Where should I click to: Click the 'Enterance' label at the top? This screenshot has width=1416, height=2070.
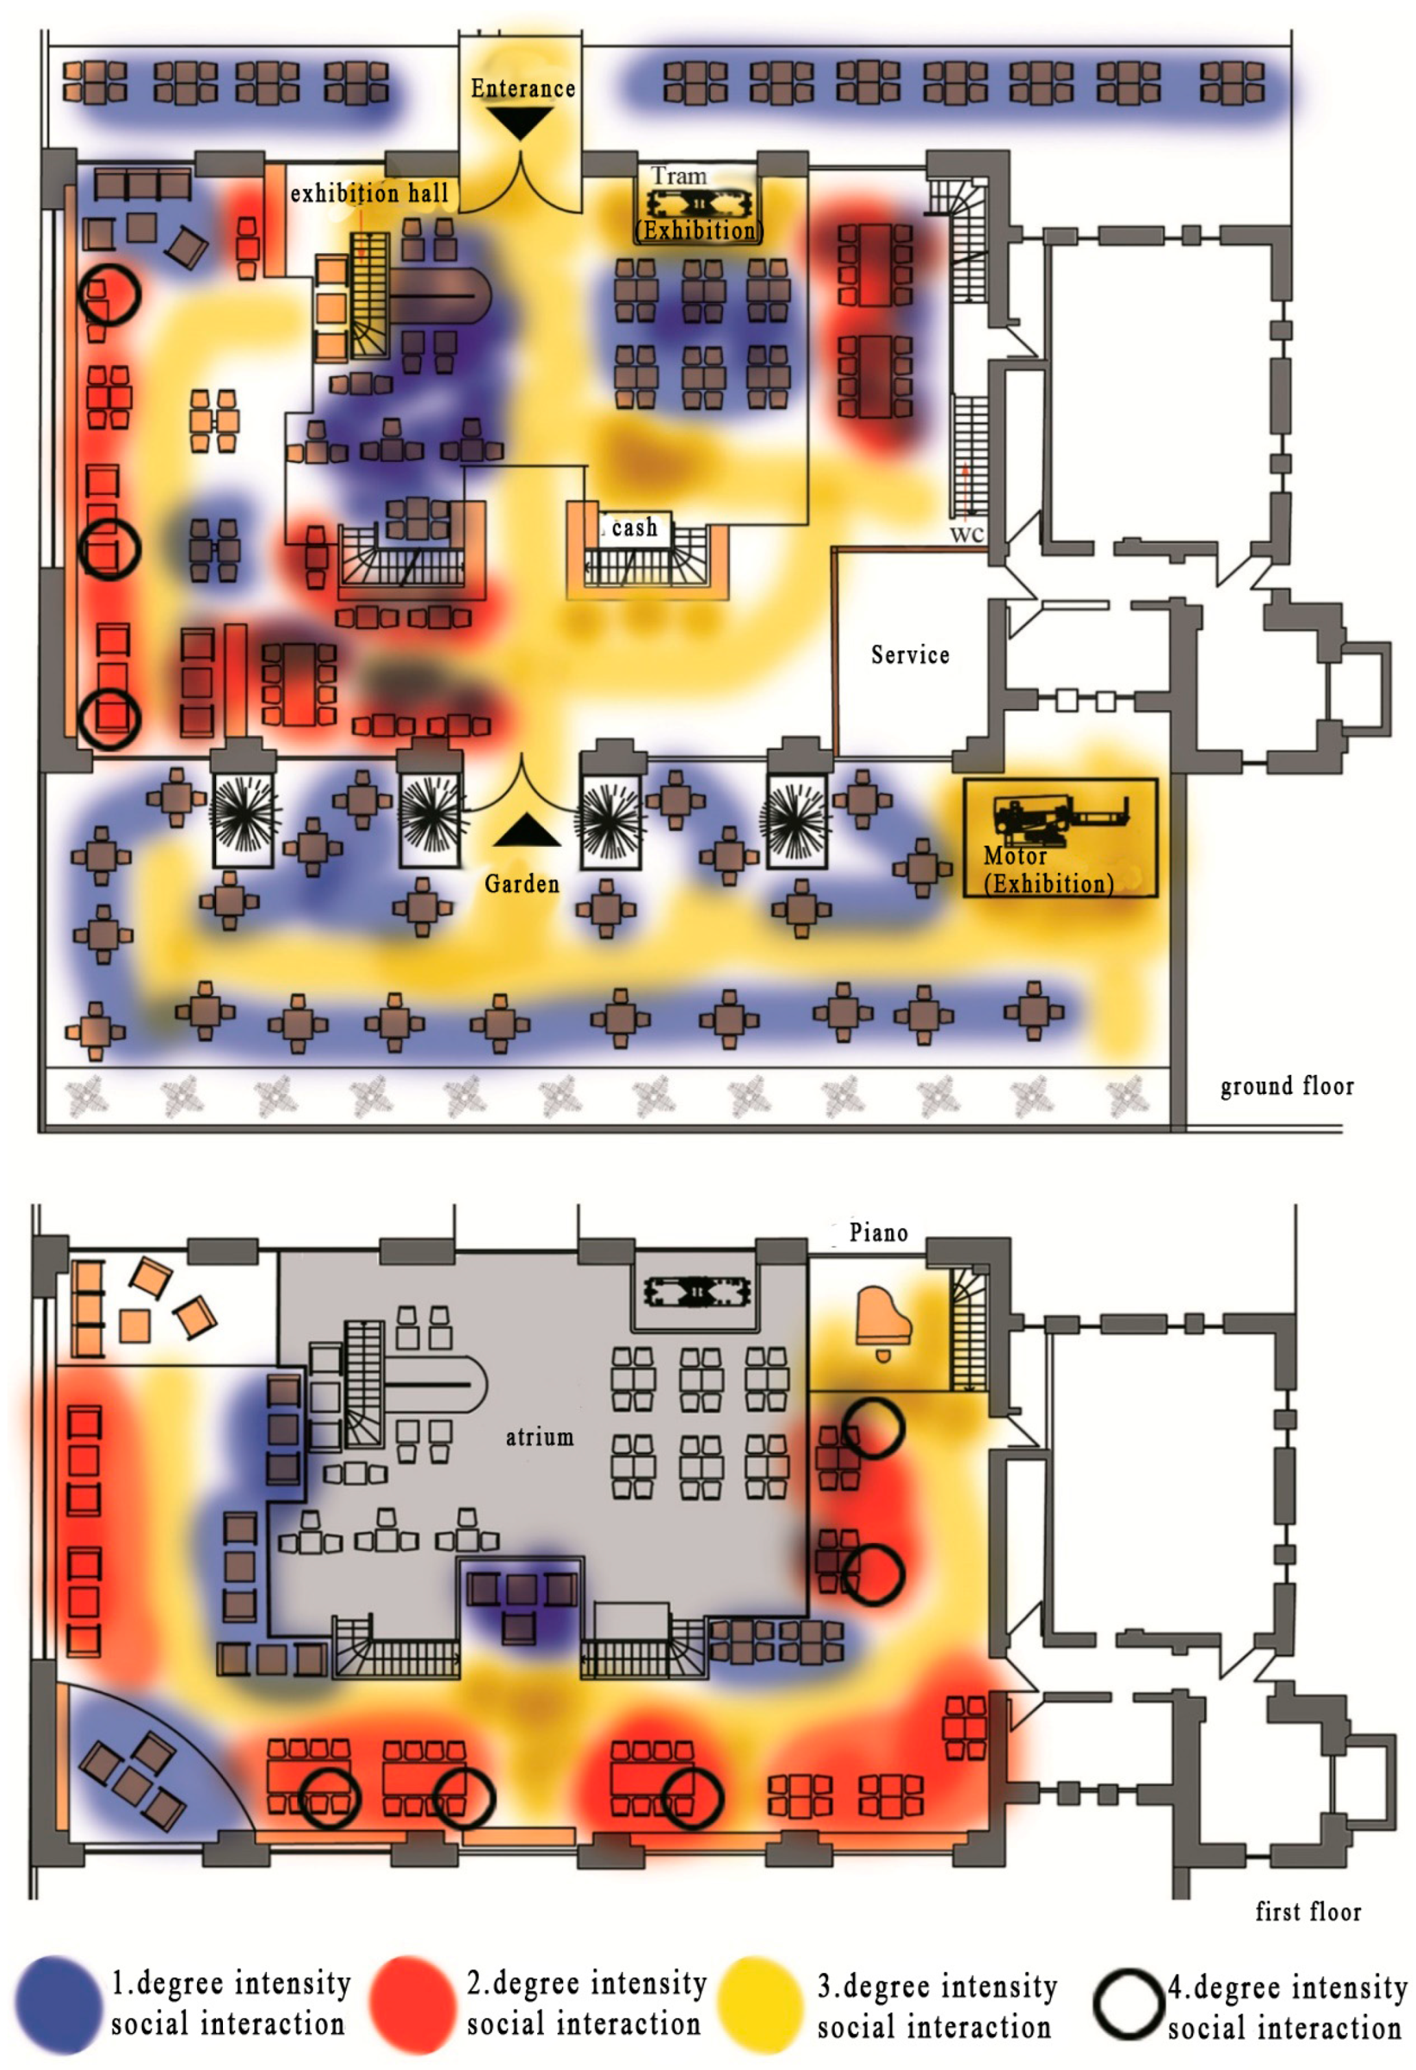[523, 89]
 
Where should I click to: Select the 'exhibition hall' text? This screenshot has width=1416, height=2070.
[368, 194]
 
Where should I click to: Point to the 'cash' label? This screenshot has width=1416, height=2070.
[634, 528]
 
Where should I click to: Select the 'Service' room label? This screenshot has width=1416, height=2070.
[909, 655]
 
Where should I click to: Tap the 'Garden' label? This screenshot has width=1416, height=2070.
[522, 885]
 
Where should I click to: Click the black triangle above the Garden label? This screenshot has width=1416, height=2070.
[526, 830]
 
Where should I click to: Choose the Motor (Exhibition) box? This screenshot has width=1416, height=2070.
[1060, 837]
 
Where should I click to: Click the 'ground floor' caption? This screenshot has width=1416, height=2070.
[1286, 1086]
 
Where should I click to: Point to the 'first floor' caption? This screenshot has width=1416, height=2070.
[1308, 1911]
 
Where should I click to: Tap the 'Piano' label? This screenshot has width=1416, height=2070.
[878, 1233]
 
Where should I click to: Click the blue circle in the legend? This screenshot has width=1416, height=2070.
[59, 2005]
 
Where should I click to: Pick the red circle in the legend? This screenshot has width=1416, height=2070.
[412, 2005]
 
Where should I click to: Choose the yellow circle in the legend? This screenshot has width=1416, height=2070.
[762, 2005]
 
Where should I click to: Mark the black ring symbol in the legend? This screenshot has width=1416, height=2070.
[1129, 2005]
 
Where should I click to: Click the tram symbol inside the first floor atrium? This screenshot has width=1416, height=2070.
[696, 1292]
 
